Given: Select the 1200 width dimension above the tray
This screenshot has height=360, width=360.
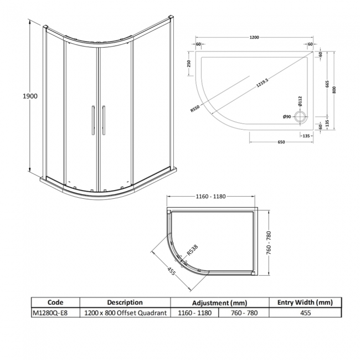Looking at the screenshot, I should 254,38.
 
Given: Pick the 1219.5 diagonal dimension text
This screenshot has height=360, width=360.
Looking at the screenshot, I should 262,85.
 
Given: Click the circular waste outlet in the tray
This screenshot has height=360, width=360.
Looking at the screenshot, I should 301,116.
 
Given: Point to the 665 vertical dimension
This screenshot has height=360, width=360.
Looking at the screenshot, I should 327,85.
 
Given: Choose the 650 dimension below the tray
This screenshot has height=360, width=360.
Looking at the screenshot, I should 281,142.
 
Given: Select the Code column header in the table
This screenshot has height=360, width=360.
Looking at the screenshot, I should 55,302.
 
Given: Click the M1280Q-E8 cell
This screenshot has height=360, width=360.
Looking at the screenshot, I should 50,313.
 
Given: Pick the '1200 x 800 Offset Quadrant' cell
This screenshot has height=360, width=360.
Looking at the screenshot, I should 125,313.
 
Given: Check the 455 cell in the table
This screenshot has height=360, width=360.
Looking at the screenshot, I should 305,313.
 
